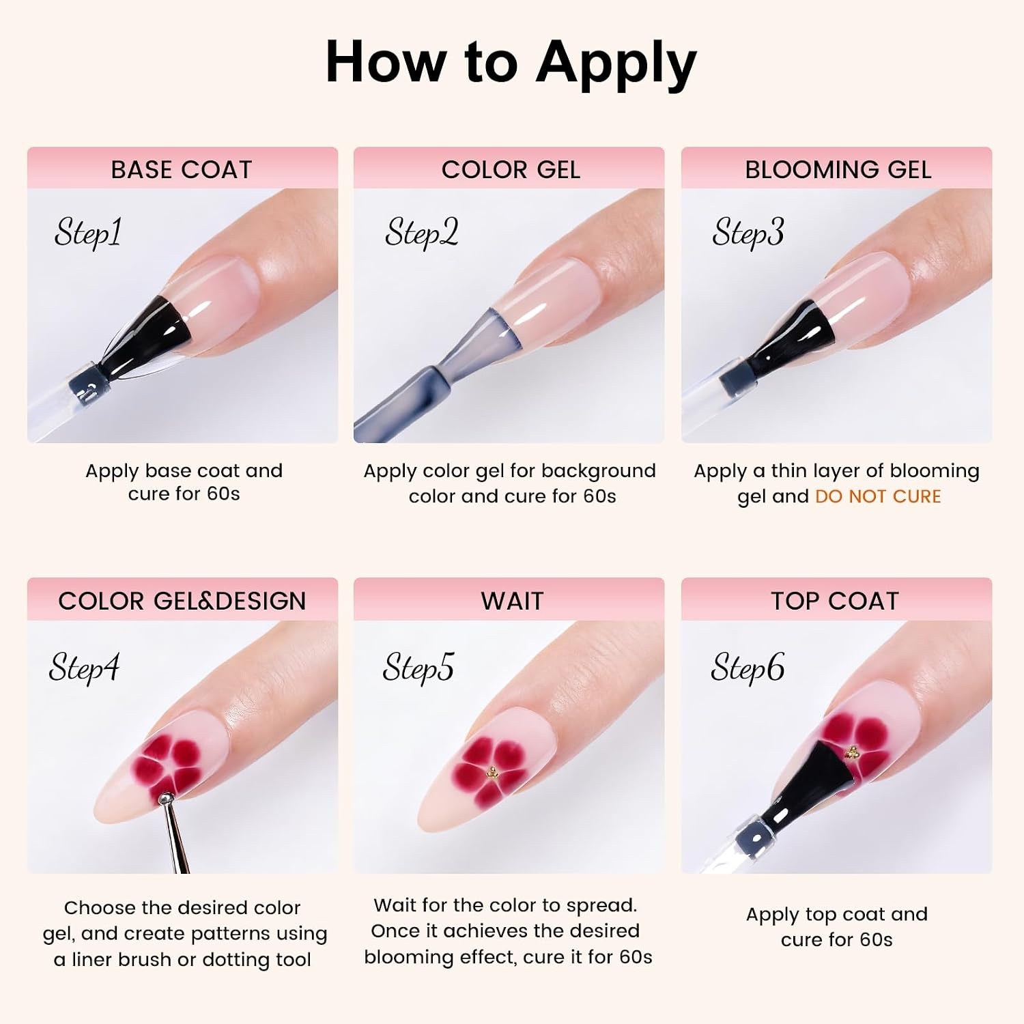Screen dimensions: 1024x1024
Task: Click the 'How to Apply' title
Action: point(511,63)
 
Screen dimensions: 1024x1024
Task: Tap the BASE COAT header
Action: point(182,169)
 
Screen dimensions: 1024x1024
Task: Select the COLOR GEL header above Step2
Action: point(511,169)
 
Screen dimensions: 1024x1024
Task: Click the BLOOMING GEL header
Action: point(838,169)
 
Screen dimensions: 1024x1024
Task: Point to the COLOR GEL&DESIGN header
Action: point(182,601)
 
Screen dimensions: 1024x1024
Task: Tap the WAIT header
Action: point(512,601)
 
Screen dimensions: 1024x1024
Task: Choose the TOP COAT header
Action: point(835,601)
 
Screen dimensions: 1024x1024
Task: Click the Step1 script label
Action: point(88,233)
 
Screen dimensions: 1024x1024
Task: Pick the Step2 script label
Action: point(421,233)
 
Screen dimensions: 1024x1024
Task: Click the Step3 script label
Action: point(748,233)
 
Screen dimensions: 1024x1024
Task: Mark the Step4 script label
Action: point(84,668)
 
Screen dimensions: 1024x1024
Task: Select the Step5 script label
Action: point(418,668)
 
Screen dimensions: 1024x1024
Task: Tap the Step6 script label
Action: point(748,668)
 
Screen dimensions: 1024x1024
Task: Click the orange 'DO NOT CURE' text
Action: point(878,496)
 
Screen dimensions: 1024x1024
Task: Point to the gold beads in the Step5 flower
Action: point(492,772)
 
